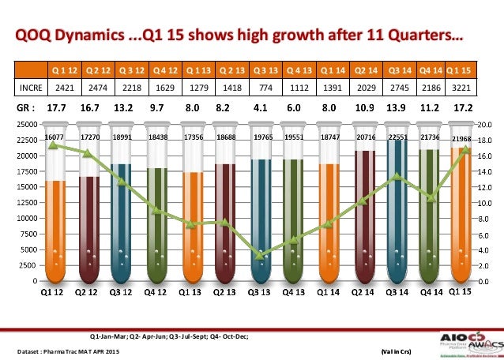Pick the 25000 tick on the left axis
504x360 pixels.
tap(27, 124)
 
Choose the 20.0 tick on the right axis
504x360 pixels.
tap(487, 124)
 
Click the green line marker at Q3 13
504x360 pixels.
tap(260, 255)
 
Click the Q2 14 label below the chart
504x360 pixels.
tap(363, 292)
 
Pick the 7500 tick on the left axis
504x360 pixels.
tap(28, 234)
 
